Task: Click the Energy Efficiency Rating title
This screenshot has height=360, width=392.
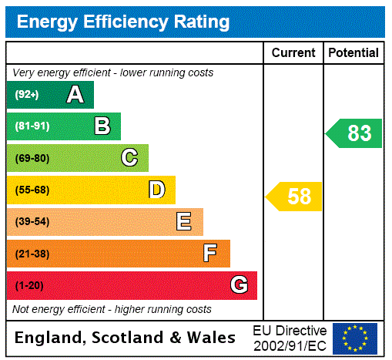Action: (123, 22)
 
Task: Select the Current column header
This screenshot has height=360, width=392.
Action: (293, 53)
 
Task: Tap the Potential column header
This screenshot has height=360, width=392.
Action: (353, 53)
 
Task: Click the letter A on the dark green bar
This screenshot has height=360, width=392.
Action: (75, 95)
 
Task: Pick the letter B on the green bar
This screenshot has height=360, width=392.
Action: (102, 126)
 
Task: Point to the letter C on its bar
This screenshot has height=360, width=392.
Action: (129, 158)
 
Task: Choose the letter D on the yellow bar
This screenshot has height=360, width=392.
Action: (156, 190)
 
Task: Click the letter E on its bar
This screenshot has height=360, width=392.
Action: (184, 222)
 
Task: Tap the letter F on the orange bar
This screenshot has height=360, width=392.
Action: (209, 254)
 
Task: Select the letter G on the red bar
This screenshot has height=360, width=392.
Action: (239, 285)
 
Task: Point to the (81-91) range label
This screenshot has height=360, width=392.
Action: (32, 126)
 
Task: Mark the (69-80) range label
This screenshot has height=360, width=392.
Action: (32, 158)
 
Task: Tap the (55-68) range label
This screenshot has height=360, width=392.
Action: (32, 190)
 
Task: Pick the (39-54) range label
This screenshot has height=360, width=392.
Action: (32, 222)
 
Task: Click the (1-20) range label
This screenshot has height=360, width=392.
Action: (29, 286)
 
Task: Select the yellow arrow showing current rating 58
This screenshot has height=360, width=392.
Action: (295, 197)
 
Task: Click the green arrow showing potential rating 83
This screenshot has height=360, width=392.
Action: (355, 133)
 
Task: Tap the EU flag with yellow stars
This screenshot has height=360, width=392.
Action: (355, 338)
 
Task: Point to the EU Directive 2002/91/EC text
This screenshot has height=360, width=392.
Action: (290, 338)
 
